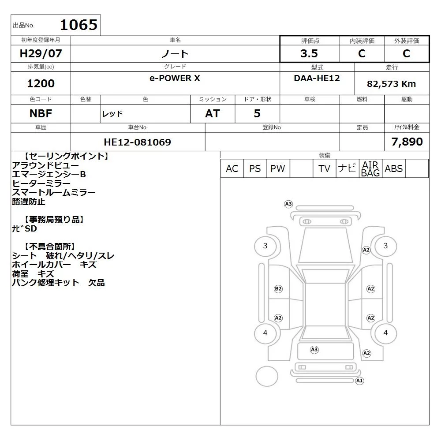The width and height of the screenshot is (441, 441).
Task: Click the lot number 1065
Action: click(x=79, y=25)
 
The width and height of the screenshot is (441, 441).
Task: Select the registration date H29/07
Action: click(x=41, y=53)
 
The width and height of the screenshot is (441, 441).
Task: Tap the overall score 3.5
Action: click(x=309, y=53)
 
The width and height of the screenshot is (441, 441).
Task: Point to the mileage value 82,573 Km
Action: click(x=391, y=84)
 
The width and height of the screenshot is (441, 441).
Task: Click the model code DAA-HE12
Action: click(x=317, y=78)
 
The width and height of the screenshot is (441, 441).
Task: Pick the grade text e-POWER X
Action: click(x=175, y=78)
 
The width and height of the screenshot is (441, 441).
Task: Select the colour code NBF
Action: click(x=41, y=114)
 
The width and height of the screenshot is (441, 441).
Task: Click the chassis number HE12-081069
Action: click(x=137, y=142)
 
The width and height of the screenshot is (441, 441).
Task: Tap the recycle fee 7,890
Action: click(x=407, y=142)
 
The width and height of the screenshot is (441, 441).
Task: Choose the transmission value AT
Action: click(x=213, y=114)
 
